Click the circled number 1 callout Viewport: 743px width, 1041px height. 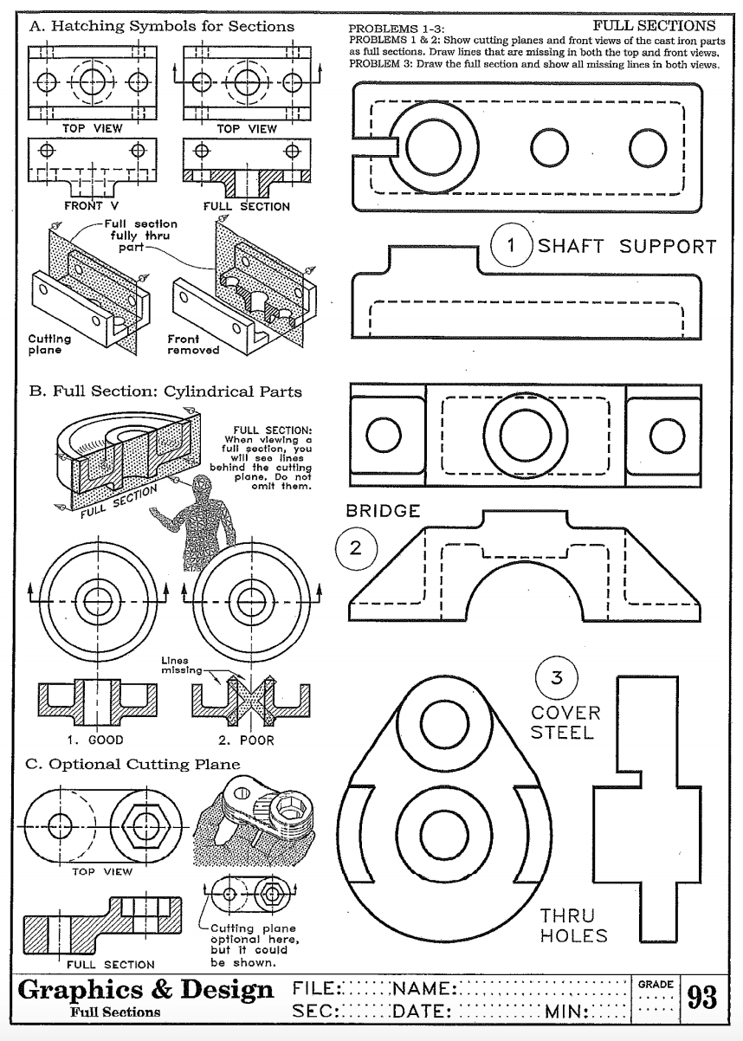(511, 245)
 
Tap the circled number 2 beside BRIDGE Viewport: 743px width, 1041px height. (356, 548)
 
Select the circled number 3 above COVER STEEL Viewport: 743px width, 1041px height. (557, 678)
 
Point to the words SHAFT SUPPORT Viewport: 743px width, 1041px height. (628, 246)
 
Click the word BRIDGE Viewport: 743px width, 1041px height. (383, 511)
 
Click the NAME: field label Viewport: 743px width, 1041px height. (423, 988)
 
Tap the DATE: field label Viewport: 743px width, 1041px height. (419, 1011)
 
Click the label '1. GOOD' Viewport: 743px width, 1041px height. (95, 740)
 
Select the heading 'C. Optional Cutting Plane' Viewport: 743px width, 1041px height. (134, 765)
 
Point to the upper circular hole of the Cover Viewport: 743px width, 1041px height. (445, 717)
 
